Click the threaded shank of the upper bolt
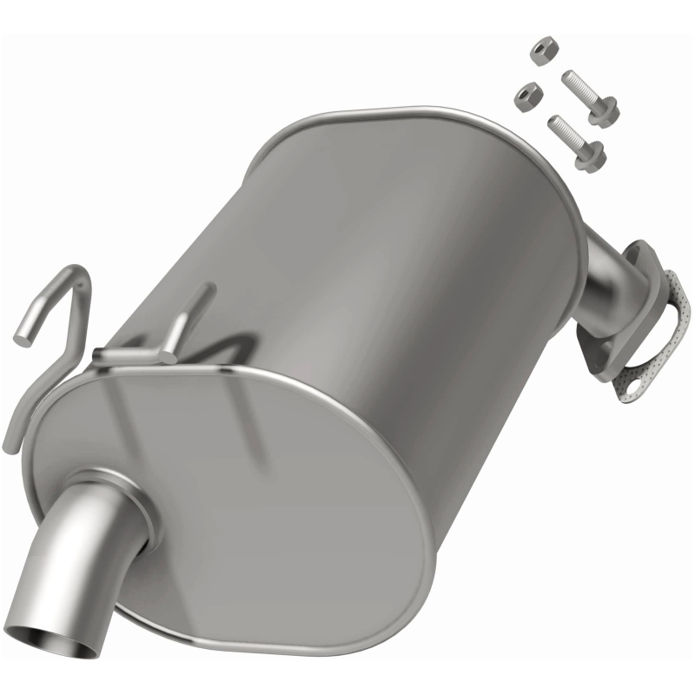(579, 88)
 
